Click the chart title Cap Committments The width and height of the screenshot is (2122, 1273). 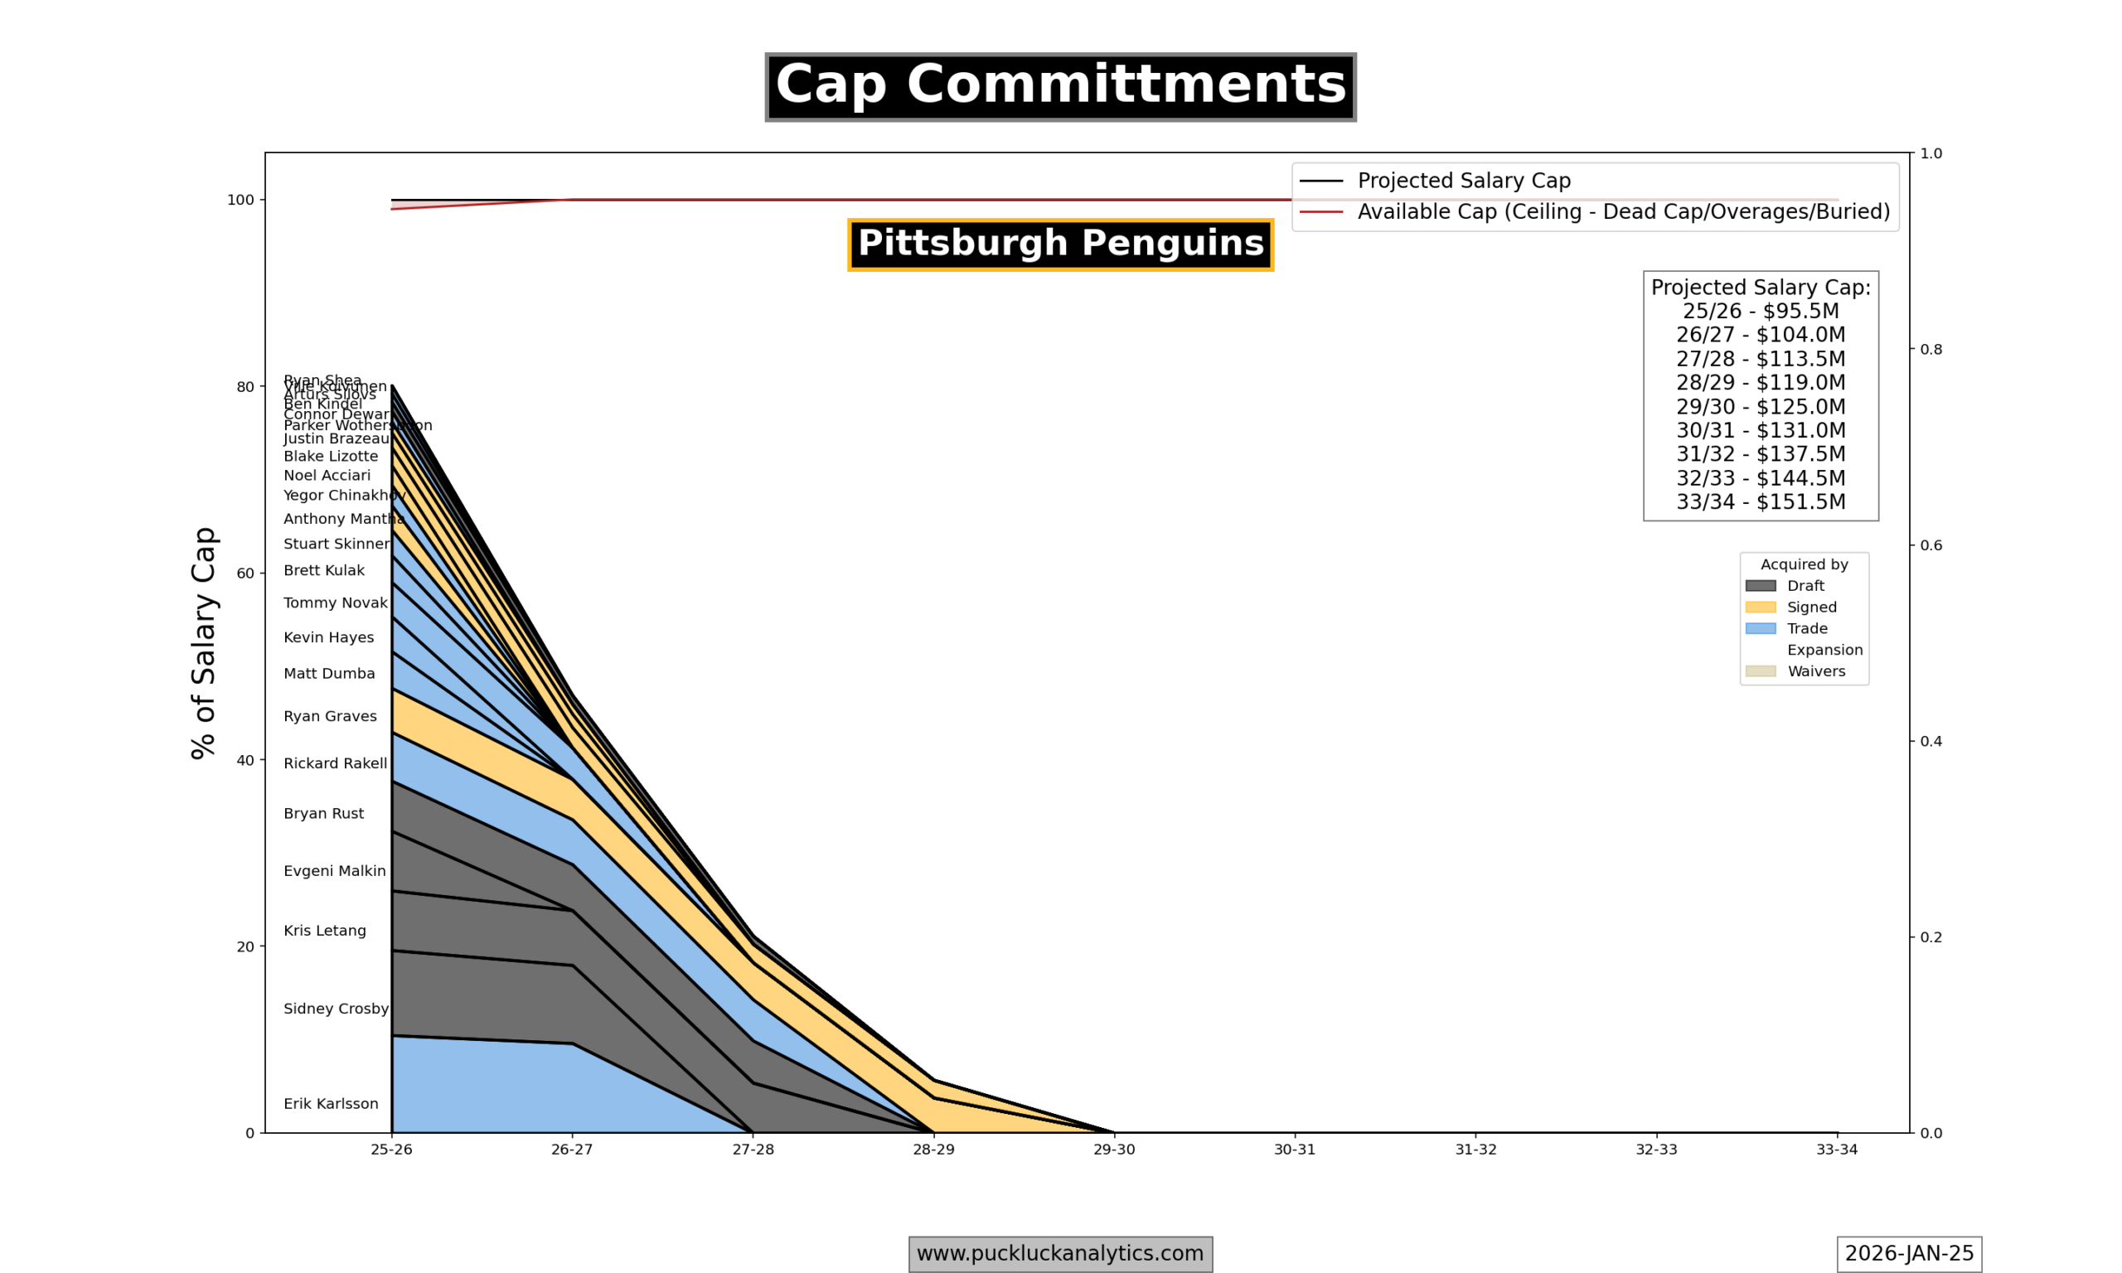(1060, 87)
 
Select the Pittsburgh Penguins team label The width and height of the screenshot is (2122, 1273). (1060, 244)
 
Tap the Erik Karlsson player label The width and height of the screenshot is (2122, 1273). (330, 1104)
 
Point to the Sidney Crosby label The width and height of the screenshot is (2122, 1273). (336, 1009)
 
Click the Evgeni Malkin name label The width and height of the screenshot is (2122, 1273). (335, 871)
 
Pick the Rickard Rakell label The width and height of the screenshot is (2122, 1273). (335, 763)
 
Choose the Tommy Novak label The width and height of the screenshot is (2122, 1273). (335, 603)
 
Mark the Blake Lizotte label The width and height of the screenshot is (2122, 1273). (330, 457)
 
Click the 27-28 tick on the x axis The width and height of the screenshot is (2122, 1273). (752, 1150)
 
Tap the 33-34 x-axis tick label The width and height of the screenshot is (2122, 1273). (1836, 1150)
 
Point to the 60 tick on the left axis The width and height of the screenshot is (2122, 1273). (245, 573)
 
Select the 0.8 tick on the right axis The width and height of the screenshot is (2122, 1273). (1931, 349)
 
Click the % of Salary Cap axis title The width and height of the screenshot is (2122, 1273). (204, 642)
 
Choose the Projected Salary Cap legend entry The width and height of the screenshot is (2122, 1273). (1463, 181)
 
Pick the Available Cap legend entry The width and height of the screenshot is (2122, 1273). (1623, 212)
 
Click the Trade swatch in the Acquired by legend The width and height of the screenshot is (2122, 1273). (1760, 629)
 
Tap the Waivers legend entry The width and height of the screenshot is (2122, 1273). (1816, 671)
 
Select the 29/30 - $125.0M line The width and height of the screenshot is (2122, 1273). (1760, 407)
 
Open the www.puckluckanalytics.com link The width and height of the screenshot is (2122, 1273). (1059, 1253)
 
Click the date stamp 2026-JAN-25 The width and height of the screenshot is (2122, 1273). (1908, 1253)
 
